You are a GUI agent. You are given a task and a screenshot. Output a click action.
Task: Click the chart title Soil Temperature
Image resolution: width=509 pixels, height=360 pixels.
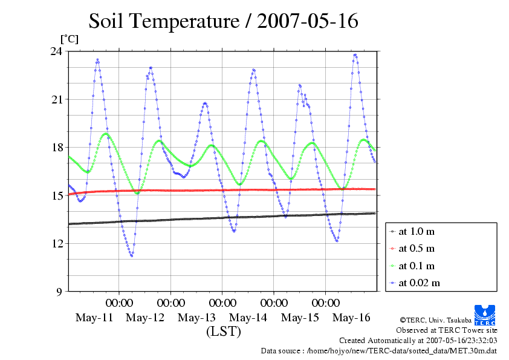click(224, 21)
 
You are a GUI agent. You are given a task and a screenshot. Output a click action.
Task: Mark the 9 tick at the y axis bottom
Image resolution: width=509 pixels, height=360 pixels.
click(60, 292)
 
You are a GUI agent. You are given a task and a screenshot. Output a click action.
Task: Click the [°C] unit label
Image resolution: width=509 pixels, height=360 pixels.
click(68, 39)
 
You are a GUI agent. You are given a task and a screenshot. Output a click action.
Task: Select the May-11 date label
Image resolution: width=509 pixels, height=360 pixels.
click(94, 318)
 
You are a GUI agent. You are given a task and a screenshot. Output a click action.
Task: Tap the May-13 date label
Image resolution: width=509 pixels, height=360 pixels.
click(197, 318)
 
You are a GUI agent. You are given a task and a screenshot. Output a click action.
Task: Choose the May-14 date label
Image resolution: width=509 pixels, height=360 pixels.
click(248, 318)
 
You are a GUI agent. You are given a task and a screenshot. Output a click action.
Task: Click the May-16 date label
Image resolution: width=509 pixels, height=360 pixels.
click(351, 318)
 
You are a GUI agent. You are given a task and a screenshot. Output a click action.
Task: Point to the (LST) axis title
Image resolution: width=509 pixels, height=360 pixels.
click(223, 332)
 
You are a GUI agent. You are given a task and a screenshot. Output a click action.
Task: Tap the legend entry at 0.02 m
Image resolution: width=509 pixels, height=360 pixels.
click(419, 283)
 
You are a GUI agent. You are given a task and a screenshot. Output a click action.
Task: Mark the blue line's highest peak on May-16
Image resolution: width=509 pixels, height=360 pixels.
click(355, 55)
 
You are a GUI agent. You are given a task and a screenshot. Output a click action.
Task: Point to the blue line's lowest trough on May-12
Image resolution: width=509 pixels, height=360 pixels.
click(131, 256)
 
